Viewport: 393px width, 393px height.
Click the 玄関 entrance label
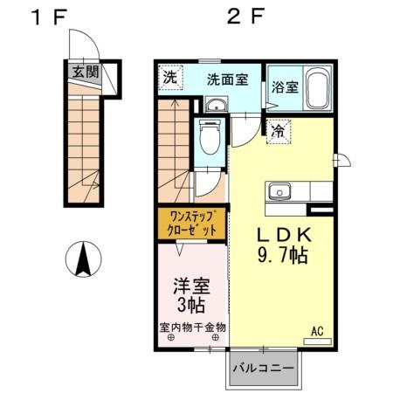click(85, 72)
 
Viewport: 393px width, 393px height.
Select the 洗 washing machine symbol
click(170, 77)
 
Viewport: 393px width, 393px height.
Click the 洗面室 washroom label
click(226, 79)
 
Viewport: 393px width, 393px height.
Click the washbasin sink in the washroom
click(215, 107)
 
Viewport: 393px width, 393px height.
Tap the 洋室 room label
click(191, 285)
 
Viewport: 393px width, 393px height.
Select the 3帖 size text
click(191, 306)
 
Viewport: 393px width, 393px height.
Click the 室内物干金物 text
click(192, 327)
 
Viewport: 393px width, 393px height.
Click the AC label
click(317, 332)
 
